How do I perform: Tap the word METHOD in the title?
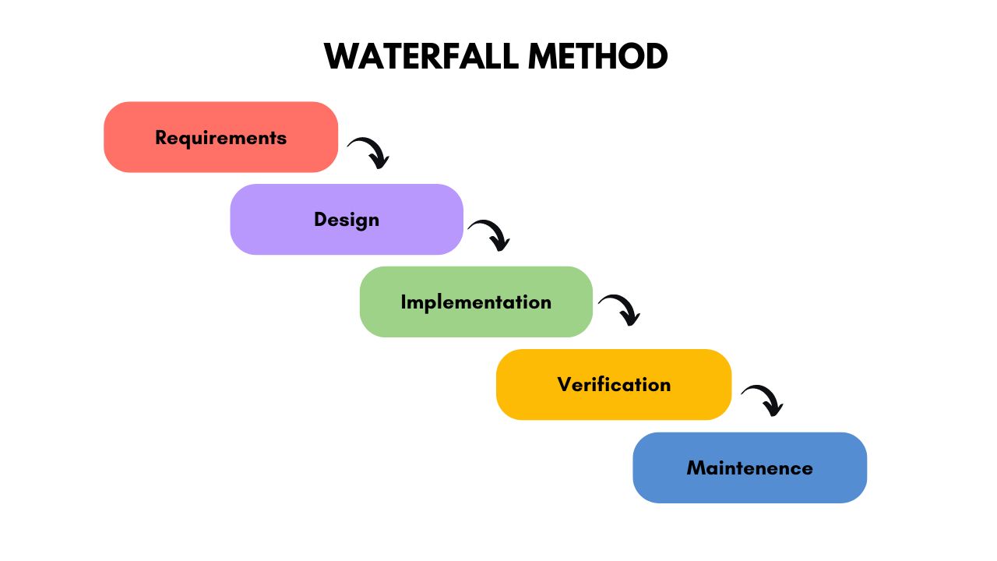click(x=597, y=57)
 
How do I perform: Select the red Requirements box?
click(x=220, y=137)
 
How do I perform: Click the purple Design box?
click(x=347, y=219)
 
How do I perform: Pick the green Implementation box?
click(x=476, y=302)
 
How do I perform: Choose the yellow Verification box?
click(x=614, y=384)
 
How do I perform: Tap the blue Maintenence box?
click(x=749, y=467)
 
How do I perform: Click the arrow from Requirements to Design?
click(x=368, y=152)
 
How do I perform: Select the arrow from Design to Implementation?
click(x=489, y=235)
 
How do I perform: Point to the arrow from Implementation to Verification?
click(x=619, y=309)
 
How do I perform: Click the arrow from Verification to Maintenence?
click(x=763, y=400)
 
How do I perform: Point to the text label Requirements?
click(x=220, y=138)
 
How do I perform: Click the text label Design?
click(x=347, y=220)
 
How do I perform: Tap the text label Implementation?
click(x=476, y=302)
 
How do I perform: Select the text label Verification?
click(x=614, y=385)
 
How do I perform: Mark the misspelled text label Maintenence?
click(x=749, y=468)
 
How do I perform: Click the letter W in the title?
click(x=340, y=57)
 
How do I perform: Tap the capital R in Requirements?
click(x=161, y=138)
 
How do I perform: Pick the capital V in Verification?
click(x=565, y=384)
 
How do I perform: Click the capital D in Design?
click(x=320, y=220)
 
